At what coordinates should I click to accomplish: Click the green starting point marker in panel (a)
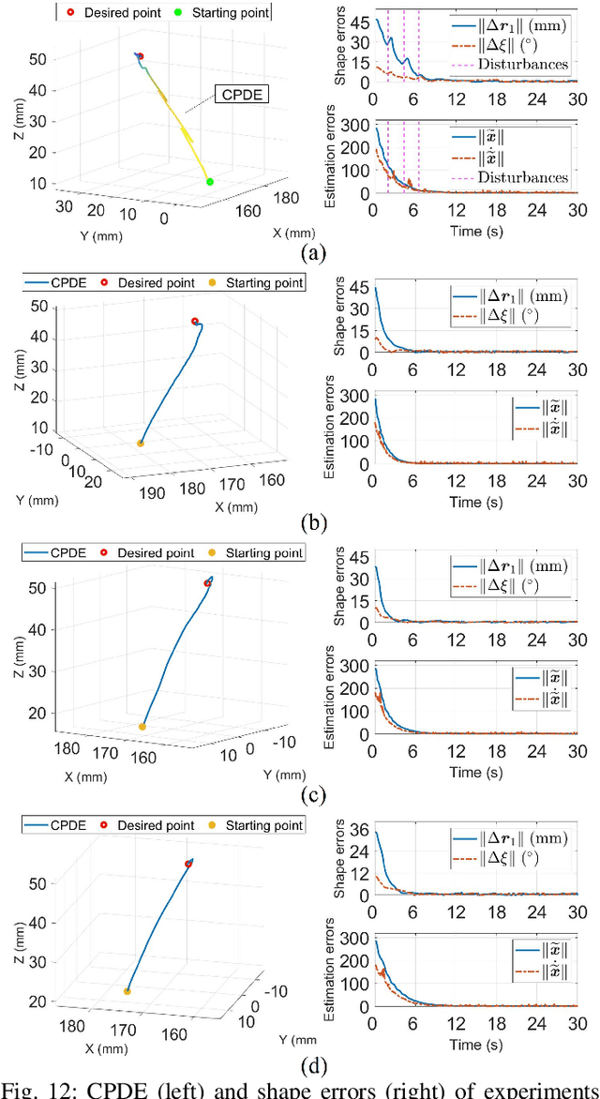coord(209,181)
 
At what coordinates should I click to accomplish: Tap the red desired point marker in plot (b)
coord(195,322)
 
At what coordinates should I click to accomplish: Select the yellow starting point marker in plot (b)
coord(141,443)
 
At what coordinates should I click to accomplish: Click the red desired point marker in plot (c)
coord(208,583)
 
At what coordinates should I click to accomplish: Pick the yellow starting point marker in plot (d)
coord(127,990)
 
